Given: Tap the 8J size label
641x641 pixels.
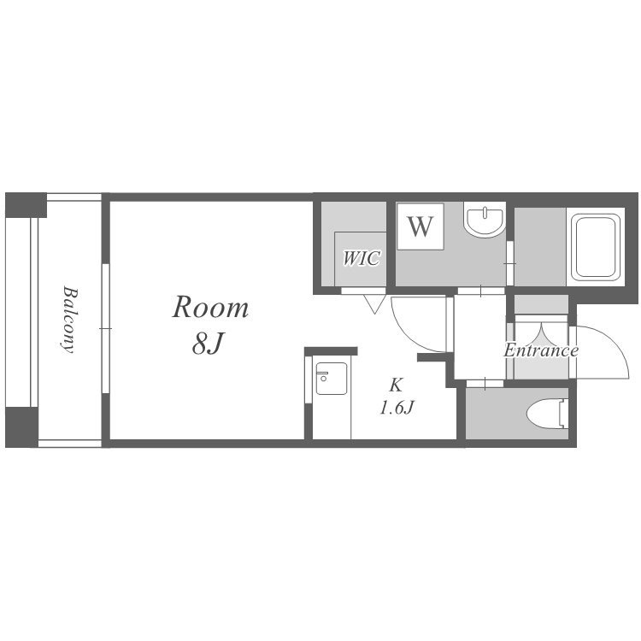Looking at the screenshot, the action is (208, 343).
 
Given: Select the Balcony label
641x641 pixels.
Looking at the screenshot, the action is (70, 320).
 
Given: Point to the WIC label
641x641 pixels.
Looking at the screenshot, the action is (362, 258).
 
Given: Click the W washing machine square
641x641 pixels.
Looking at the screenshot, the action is (420, 226).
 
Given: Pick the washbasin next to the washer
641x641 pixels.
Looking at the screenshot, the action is (485, 221).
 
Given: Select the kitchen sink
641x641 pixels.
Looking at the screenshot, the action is (331, 379).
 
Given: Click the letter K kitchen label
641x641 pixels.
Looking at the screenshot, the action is (396, 385).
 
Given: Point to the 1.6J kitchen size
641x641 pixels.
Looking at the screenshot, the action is (397, 408).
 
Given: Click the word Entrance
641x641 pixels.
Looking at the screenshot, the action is (540, 350).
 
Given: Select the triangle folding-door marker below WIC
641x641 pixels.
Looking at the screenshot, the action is (374, 304).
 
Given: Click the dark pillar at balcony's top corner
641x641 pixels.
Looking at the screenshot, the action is (26, 205).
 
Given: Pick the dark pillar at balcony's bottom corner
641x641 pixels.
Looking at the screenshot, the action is (21, 427).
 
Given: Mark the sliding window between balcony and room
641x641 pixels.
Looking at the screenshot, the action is (106, 328).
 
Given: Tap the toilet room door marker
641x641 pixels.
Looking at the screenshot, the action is (485, 384).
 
